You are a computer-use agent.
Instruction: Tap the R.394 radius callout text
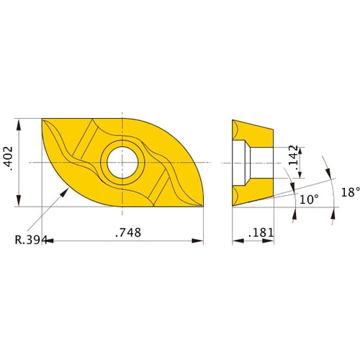point(29,240)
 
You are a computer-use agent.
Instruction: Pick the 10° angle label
point(308,199)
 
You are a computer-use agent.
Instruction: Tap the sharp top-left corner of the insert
point(42,119)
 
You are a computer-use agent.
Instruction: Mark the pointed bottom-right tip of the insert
point(204,206)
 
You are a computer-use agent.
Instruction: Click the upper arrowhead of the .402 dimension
point(18,122)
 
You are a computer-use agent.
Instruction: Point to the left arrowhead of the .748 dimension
point(47,240)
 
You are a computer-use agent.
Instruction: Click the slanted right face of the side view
point(271,163)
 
